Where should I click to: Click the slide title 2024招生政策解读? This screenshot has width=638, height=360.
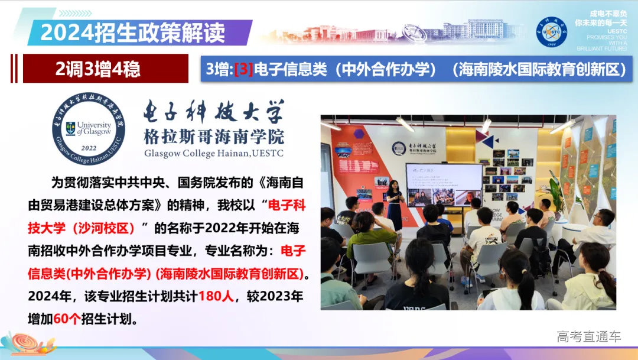[132, 33]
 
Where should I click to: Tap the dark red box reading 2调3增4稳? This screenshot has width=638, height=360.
[98, 69]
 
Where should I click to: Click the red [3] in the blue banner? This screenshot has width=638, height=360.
[243, 69]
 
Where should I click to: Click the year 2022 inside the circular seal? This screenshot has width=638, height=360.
[89, 148]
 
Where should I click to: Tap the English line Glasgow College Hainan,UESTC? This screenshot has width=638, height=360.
[214, 154]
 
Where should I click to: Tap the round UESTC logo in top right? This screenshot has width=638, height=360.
[551, 32]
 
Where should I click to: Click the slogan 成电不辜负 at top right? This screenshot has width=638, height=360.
[597, 14]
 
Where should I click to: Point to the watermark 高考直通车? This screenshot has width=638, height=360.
[588, 337]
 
